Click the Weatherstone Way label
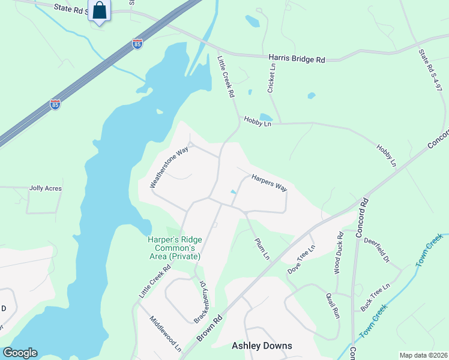169,166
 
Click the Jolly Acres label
46,188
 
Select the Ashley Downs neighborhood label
262,346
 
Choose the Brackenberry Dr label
200,301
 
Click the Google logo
20,353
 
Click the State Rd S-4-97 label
431,70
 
